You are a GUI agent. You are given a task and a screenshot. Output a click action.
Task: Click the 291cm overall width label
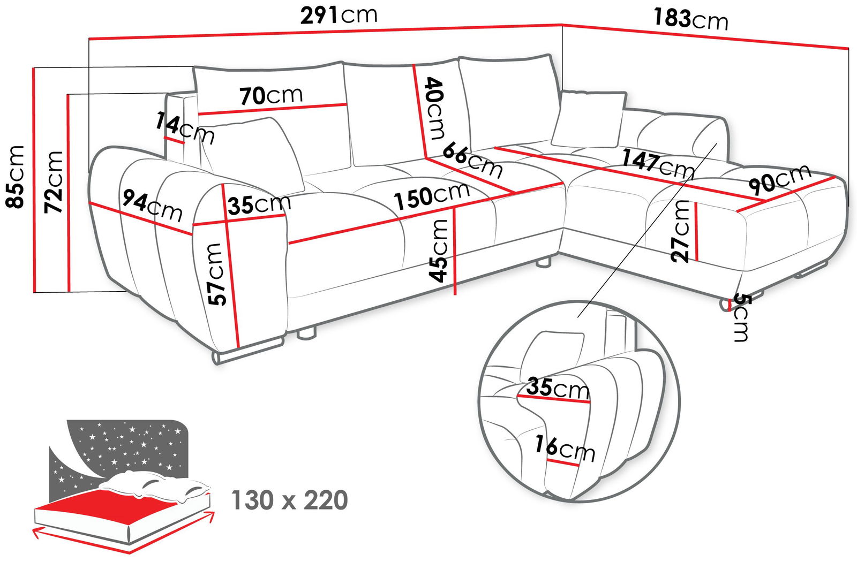click(x=339, y=15)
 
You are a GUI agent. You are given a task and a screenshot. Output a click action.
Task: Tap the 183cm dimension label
click(x=690, y=19)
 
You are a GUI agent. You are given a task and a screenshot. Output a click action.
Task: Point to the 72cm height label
click(x=54, y=182)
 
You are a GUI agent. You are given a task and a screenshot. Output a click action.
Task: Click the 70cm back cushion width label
click(x=271, y=96)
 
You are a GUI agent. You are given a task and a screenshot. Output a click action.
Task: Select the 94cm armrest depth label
click(x=152, y=205)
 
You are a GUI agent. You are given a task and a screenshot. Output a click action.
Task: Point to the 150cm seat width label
click(x=432, y=195)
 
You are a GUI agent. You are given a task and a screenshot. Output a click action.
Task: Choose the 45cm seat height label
click(x=439, y=250)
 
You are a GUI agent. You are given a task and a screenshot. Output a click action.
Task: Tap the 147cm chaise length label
click(x=658, y=163)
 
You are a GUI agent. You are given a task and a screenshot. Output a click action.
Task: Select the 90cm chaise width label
click(x=779, y=179)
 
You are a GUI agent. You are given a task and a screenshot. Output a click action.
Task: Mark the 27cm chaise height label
click(x=681, y=231)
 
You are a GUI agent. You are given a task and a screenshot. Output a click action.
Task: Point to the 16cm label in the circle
click(x=565, y=449)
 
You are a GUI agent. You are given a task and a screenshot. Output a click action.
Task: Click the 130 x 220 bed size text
click(x=289, y=500)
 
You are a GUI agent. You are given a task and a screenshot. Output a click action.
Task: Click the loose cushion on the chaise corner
click(x=589, y=119)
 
